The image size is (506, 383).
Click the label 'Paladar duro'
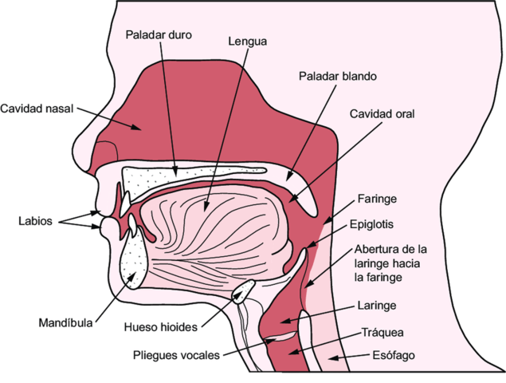[159, 35]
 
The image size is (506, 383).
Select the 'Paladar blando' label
[337, 77]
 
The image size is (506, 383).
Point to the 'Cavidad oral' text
[382, 113]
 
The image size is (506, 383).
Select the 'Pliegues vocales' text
[175, 355]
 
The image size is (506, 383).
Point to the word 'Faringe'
[377, 198]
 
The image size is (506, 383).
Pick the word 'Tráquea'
[383, 332]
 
